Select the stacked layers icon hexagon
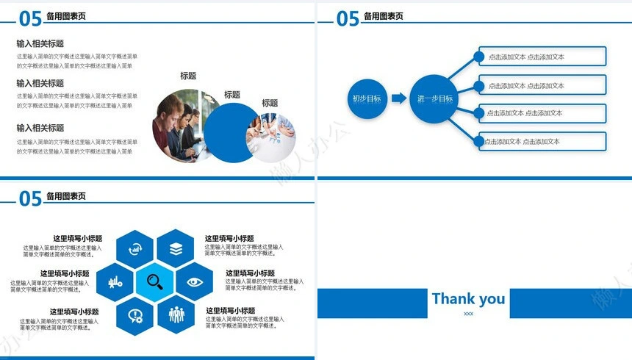[x=176, y=249]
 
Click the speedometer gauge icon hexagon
[x=135, y=249]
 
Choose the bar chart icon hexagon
[x=115, y=281]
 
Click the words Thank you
[x=468, y=298]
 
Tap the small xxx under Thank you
[x=468, y=314]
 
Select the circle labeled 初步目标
[x=367, y=98]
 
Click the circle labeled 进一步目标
[x=434, y=98]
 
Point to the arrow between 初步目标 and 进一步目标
[x=398, y=98]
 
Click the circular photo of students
[x=176, y=125]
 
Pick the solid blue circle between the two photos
[x=232, y=132]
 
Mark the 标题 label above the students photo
[x=188, y=76]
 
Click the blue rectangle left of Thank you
[x=372, y=303]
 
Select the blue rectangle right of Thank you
[x=570, y=303]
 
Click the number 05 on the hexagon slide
[x=30, y=198]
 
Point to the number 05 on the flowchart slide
[x=348, y=18]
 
